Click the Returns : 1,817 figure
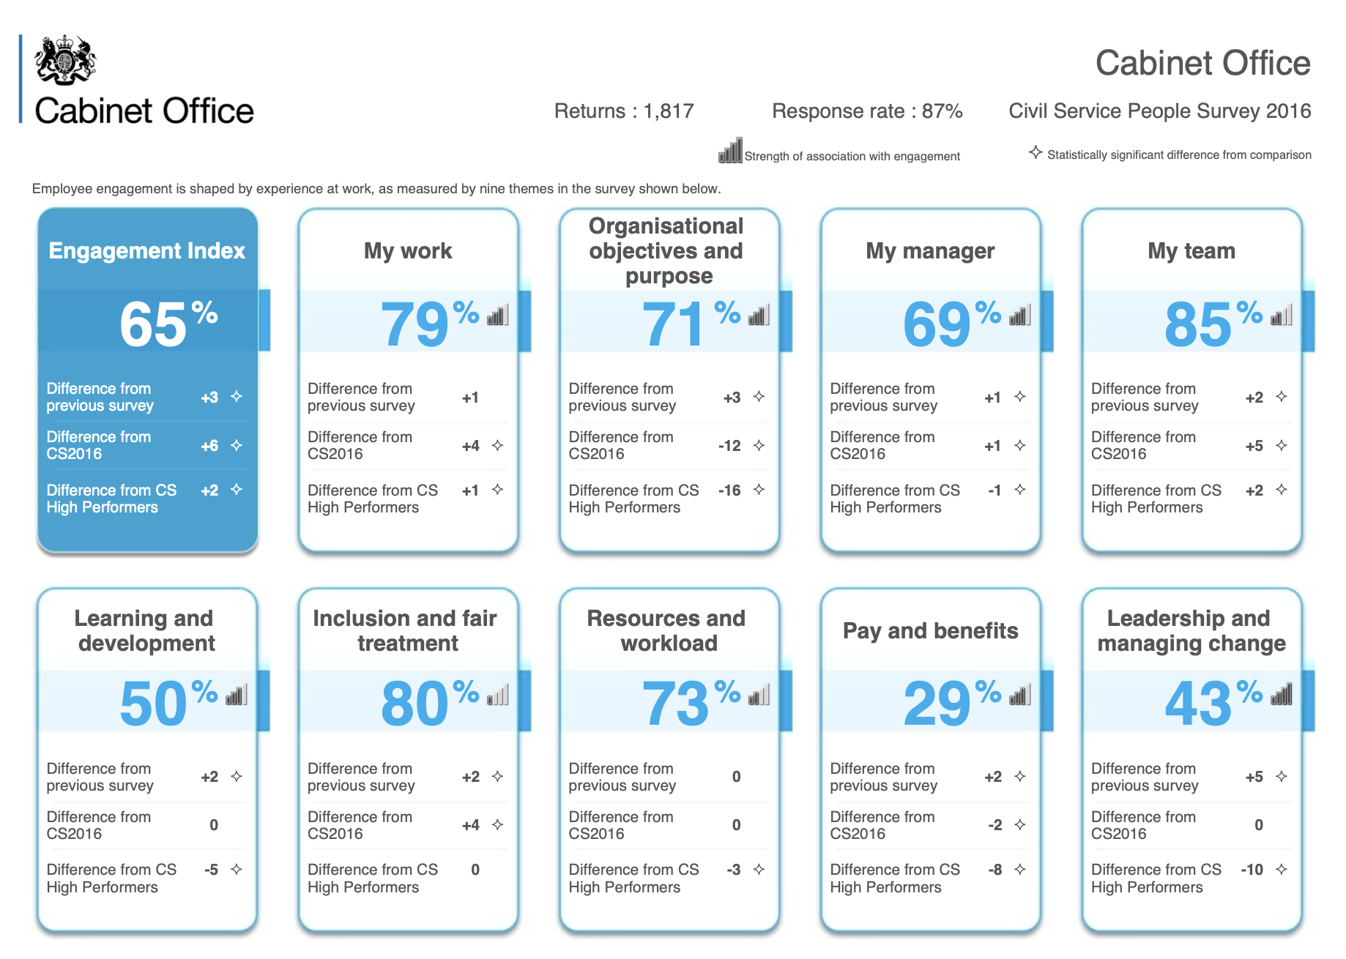623,111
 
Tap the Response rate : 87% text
867,111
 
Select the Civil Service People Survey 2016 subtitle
1159,111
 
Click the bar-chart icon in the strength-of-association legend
730,151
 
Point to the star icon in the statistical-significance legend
1035,152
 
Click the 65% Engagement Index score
168,323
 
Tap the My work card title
408,251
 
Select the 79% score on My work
428,323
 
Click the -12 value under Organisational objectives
729,446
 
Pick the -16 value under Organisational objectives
729,490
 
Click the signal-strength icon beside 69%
1020,316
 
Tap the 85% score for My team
1213,323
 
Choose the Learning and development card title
146,630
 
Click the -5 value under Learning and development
211,870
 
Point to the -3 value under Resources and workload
734,870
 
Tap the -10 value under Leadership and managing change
1252,870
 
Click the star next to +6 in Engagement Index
237,445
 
